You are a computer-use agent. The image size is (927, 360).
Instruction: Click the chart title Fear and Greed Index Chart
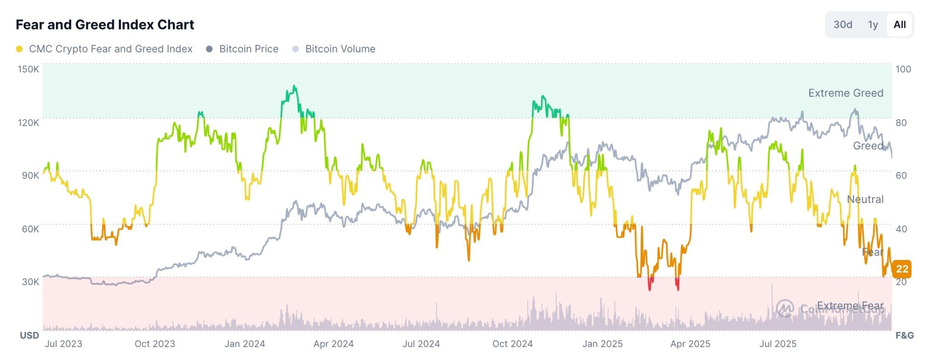105,24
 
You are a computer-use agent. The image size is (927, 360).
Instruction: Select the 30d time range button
842,24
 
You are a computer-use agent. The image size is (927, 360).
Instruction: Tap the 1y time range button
873,24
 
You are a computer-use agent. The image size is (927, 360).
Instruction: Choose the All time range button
899,24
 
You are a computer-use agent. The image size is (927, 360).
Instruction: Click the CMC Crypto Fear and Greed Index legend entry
110,49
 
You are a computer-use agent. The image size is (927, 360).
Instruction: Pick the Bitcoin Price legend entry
248,49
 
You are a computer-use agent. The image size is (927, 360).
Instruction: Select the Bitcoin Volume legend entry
340,49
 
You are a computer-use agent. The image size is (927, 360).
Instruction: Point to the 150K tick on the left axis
29,69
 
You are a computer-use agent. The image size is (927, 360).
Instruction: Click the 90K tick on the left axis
30,175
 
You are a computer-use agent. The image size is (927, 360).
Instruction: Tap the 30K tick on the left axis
30,282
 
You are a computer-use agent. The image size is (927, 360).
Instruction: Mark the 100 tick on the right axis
903,69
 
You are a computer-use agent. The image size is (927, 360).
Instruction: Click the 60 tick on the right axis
901,175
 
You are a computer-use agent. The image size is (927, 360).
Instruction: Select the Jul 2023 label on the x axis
63,344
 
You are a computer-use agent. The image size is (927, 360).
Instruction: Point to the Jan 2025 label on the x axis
602,344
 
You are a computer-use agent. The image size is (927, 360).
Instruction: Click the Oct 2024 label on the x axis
512,344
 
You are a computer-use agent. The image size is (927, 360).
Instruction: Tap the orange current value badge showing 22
902,269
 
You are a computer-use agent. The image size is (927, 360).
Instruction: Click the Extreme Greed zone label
846,93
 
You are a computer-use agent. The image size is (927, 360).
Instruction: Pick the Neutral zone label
865,199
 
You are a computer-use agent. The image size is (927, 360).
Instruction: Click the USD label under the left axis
29,336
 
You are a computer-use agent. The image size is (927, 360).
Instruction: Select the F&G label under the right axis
904,336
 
